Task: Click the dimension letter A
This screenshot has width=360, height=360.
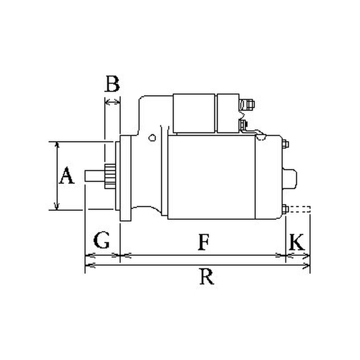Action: click(66, 175)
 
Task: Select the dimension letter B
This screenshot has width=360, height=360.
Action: click(112, 84)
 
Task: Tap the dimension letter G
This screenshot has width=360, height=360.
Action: click(101, 240)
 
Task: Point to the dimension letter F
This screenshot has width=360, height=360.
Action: click(203, 242)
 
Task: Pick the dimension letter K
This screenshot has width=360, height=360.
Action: click(297, 242)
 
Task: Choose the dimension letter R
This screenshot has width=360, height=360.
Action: click(207, 276)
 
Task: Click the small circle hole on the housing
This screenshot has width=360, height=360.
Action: click(152, 138)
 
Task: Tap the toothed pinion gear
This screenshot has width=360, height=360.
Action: click(110, 176)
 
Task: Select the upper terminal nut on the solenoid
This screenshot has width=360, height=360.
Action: click(247, 104)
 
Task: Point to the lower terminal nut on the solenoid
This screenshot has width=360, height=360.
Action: click(243, 125)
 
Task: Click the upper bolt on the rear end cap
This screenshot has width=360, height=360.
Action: click(285, 144)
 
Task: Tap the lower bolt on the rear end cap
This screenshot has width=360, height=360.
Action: click(285, 209)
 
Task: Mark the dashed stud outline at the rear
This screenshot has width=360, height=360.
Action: click(299, 209)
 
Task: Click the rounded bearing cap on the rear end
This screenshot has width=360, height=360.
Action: click(289, 179)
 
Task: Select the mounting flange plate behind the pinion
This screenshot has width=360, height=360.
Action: click(126, 178)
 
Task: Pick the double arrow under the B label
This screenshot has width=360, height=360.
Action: click(112, 102)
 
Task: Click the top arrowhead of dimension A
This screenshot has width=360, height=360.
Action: click(57, 144)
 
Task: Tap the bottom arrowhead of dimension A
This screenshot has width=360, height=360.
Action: click(57, 207)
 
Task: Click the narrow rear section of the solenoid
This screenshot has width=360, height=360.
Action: click(228, 113)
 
